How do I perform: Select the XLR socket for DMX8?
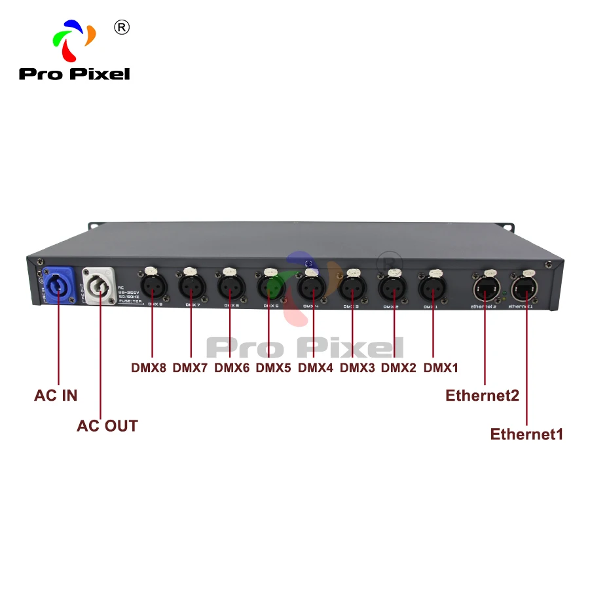151,286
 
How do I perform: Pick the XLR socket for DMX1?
432,286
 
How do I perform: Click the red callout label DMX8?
149,368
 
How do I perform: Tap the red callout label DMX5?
273,368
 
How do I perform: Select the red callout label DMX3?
357,368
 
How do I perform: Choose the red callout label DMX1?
441,368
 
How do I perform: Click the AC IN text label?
56,396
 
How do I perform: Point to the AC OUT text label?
107,426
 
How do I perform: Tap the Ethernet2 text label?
482,396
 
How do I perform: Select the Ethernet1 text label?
526,434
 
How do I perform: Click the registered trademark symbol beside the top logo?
122,27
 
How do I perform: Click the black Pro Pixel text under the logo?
74,73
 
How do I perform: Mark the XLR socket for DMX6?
230,286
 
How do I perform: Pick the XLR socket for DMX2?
394,286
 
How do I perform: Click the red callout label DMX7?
190,368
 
